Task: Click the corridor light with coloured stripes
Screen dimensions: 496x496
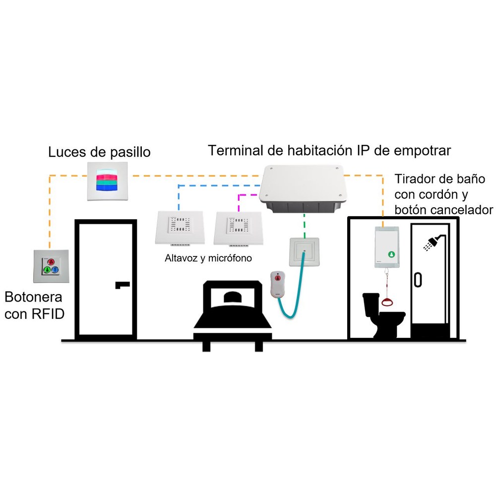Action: click(x=108, y=181)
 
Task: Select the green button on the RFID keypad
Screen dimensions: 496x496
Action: click(x=47, y=270)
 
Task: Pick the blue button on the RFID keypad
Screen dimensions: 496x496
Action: click(x=55, y=270)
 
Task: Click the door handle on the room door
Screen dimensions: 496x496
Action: click(x=122, y=285)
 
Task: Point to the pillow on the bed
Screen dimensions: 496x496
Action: click(x=233, y=297)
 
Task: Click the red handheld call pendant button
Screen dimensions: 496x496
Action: click(x=278, y=278)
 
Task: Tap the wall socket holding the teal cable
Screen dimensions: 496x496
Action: click(x=305, y=252)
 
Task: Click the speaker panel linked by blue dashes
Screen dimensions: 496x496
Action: click(x=180, y=228)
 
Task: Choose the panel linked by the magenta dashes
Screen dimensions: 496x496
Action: click(x=238, y=228)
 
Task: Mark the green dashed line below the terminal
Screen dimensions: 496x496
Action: click(x=305, y=226)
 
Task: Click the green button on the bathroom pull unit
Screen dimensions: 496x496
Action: click(x=392, y=254)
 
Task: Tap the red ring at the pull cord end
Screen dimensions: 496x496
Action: click(x=387, y=302)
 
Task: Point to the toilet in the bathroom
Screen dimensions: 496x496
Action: click(x=383, y=315)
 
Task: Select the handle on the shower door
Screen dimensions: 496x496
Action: click(x=418, y=280)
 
